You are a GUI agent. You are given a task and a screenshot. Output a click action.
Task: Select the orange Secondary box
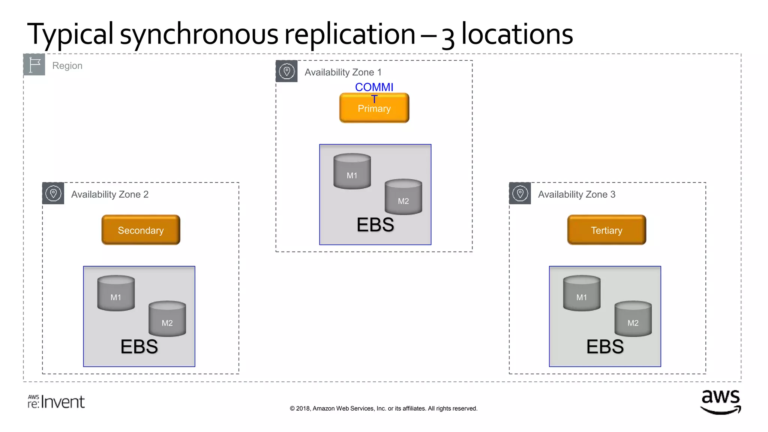[141, 230]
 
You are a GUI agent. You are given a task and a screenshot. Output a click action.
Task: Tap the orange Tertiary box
[606, 230]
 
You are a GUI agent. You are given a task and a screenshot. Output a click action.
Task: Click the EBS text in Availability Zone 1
[375, 225]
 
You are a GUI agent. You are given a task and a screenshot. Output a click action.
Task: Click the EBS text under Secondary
[139, 346]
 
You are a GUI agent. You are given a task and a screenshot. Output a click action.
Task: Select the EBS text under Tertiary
[605, 346]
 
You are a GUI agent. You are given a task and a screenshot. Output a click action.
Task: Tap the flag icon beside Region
[34, 64]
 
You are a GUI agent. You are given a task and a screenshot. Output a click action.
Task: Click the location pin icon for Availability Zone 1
[286, 71]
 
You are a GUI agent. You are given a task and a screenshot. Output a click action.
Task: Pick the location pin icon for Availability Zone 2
[53, 193]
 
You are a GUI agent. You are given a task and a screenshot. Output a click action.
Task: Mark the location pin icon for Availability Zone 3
[520, 193]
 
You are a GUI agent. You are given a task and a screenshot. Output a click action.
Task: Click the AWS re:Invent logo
[56, 402]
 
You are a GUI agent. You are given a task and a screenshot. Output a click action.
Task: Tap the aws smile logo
[720, 402]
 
